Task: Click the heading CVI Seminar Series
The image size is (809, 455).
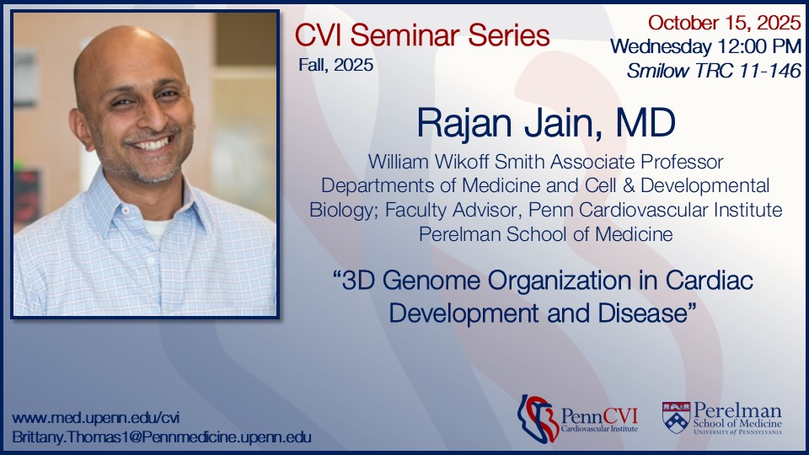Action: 422,35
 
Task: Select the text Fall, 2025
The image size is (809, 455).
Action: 335,64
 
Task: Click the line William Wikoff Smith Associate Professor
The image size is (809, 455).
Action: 546,159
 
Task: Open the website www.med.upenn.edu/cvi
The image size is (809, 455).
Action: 95,418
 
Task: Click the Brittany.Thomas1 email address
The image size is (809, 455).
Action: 162,437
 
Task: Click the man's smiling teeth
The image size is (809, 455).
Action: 153,144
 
